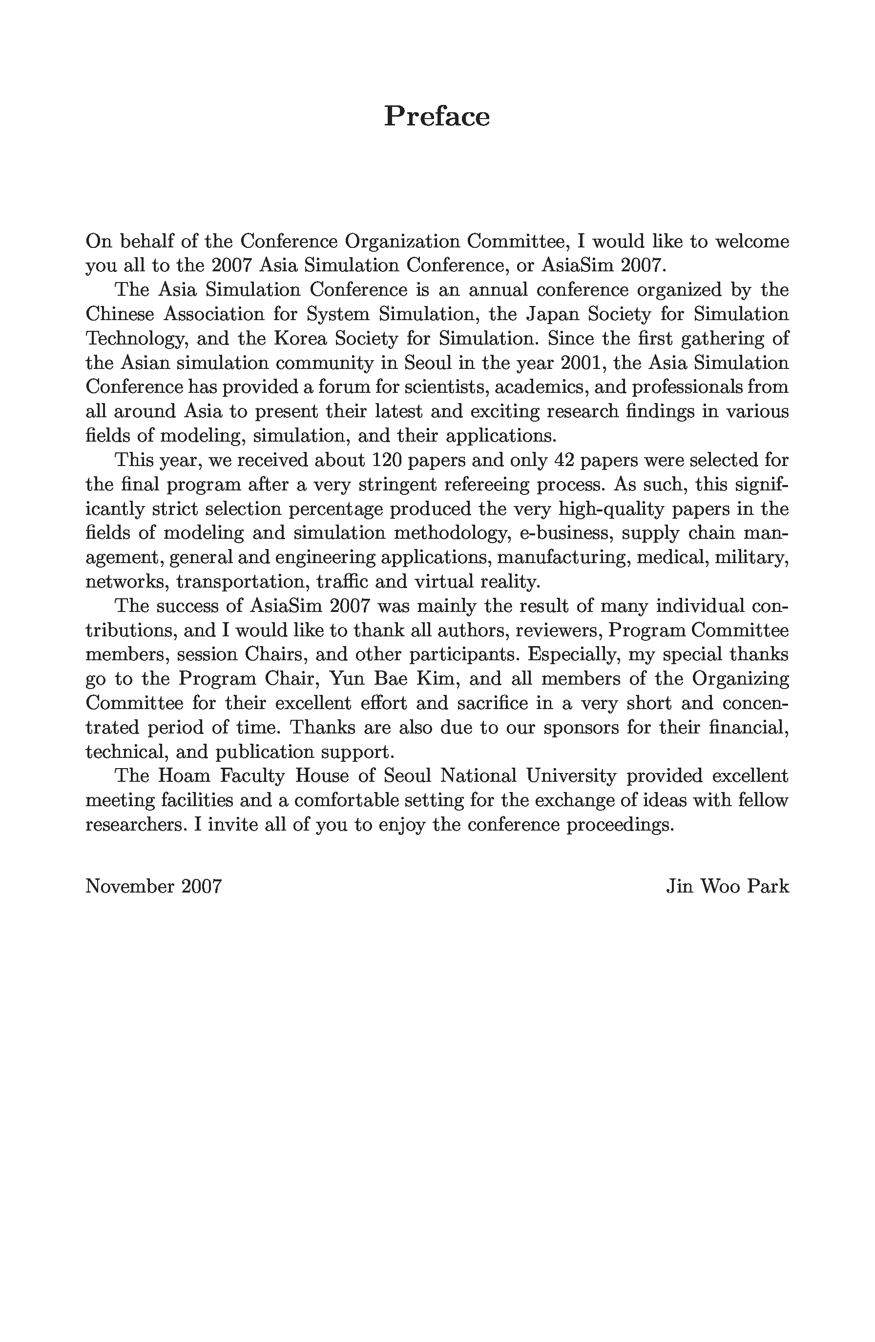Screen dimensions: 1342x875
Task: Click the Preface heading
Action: (437, 117)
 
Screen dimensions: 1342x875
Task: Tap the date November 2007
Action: (153, 886)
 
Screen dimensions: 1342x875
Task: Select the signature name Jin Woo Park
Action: (727, 886)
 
